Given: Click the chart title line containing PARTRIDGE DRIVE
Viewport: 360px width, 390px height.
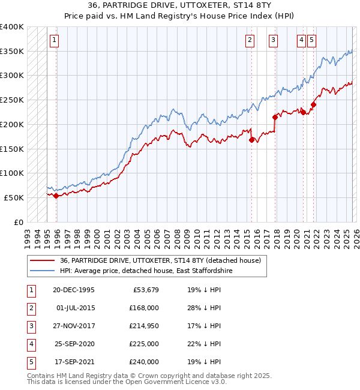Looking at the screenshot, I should pos(179,5).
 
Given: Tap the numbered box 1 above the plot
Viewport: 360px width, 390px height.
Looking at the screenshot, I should pos(54,40).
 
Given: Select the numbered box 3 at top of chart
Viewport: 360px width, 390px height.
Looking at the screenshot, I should pos(273,40).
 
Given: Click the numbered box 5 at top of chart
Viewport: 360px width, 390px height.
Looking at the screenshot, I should pos(311,40).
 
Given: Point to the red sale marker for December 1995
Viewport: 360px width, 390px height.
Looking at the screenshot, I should pos(56,196).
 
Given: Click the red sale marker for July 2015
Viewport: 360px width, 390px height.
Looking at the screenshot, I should pos(251,140).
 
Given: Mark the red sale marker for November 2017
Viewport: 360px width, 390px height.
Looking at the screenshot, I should pos(275,117).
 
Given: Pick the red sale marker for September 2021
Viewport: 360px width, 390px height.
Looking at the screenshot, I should pos(313,104).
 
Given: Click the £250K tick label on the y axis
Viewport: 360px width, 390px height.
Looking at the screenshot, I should pos(12,100).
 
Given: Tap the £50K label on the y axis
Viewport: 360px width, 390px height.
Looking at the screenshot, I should pos(14,197).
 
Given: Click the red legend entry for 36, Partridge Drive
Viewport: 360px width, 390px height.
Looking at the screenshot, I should pos(160,261).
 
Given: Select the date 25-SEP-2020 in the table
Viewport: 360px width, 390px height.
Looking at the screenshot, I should pos(74,344).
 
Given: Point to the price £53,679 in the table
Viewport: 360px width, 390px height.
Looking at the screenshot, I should pos(144,290).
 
